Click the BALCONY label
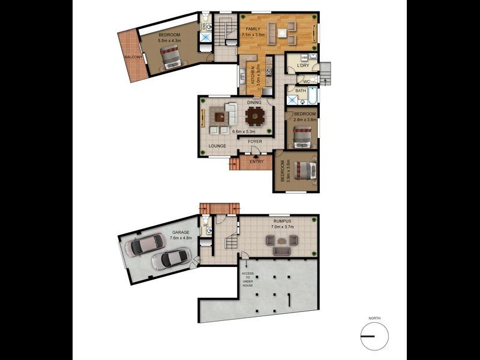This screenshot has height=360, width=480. click(x=133, y=57)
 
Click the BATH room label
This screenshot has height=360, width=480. click(x=301, y=91)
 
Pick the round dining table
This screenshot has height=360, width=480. click(x=255, y=114)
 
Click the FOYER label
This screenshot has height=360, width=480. click(x=256, y=142)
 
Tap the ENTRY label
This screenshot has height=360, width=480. click(x=256, y=161)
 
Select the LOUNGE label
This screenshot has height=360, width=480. click(x=217, y=146)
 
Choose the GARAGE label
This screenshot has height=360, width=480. click(x=181, y=232)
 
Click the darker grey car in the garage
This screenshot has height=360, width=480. click(x=143, y=244)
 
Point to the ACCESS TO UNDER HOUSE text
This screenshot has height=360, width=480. click(x=247, y=279)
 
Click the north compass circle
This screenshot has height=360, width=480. click(x=374, y=335)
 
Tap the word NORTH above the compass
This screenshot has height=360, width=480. click(x=375, y=318)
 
